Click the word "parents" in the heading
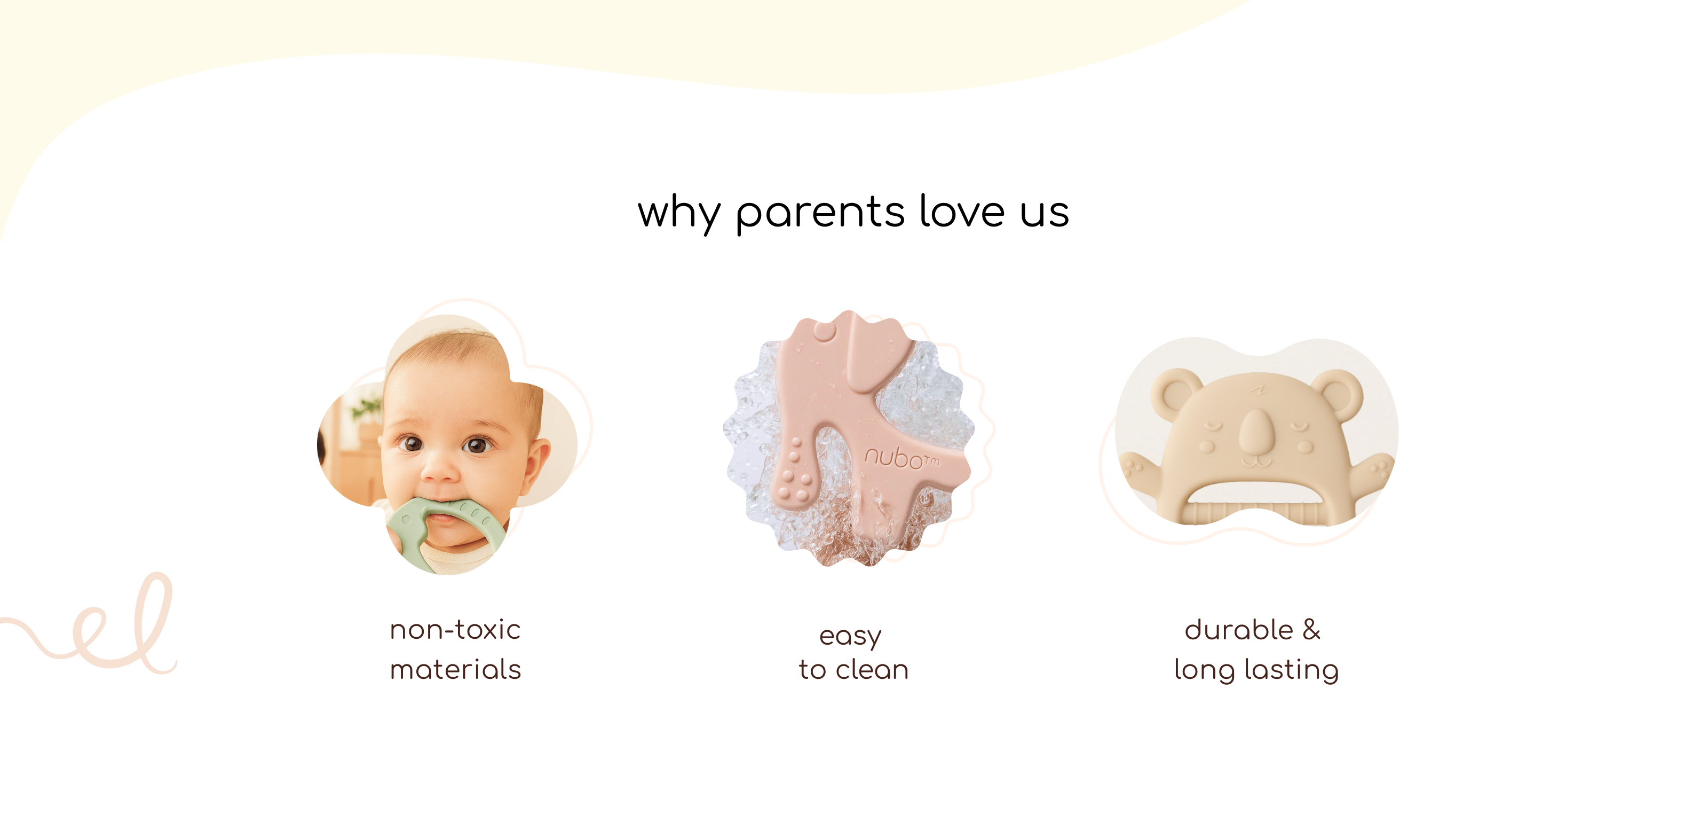tap(820, 214)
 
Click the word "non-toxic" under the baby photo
tap(455, 630)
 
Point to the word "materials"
tap(455, 669)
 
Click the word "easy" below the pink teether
tap(851, 637)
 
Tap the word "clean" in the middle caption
tap(872, 669)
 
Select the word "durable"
tap(1238, 630)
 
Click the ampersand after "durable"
tap(1311, 630)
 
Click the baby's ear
tap(537, 464)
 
